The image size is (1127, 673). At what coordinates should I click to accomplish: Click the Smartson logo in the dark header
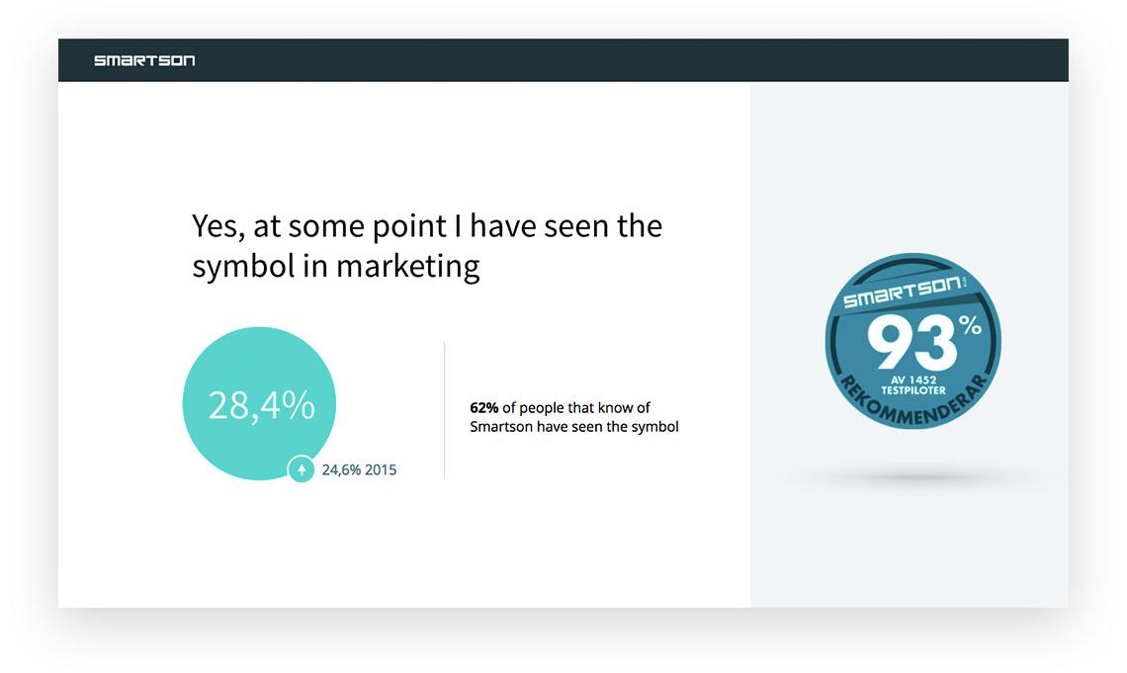pyautogui.click(x=144, y=60)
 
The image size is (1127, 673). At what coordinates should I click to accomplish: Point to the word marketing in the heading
pyautogui.click(x=407, y=268)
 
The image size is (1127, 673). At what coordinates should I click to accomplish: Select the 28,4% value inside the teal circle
pyautogui.click(x=262, y=405)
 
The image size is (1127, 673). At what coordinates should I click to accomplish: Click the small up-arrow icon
pyautogui.click(x=302, y=469)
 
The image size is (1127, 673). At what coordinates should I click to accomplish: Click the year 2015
pyautogui.click(x=381, y=469)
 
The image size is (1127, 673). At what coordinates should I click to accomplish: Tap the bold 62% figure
pyautogui.click(x=483, y=408)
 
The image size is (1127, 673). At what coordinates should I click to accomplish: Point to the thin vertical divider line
pyautogui.click(x=444, y=410)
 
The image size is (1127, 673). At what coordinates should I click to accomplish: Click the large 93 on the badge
pyautogui.click(x=910, y=343)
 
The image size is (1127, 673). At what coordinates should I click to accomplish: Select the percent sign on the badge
pyautogui.click(x=970, y=325)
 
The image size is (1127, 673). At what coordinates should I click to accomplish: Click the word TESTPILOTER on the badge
pyautogui.click(x=913, y=390)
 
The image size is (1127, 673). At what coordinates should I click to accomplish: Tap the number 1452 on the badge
pyautogui.click(x=922, y=379)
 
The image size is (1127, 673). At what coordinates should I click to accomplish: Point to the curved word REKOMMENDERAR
pyautogui.click(x=913, y=403)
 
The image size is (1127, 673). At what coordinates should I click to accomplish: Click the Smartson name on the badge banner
pyautogui.click(x=903, y=291)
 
